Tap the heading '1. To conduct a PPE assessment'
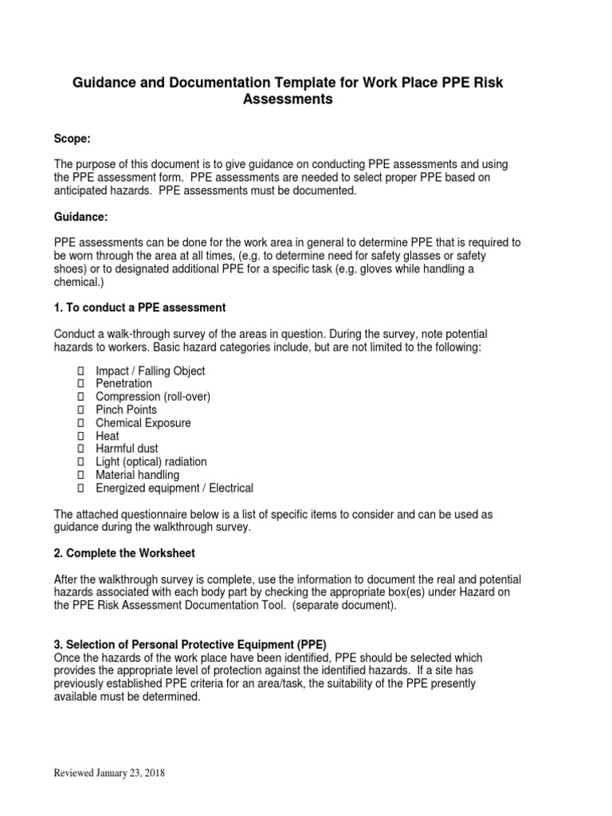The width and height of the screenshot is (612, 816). click(139, 308)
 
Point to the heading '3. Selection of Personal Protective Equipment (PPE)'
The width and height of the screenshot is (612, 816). click(190, 644)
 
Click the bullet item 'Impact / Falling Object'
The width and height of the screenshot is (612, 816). click(150, 371)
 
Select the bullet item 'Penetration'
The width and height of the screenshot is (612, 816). click(124, 383)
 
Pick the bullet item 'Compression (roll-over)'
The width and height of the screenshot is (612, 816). click(153, 397)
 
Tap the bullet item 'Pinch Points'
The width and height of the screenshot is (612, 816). click(126, 410)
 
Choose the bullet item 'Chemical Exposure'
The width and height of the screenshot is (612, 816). click(143, 423)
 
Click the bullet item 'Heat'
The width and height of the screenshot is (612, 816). click(108, 436)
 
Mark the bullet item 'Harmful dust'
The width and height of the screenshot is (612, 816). click(127, 449)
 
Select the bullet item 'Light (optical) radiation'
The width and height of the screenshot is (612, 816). click(151, 462)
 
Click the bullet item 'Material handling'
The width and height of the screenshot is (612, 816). click(137, 475)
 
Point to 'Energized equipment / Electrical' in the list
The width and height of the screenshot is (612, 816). click(174, 488)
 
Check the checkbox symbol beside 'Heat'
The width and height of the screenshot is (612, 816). click(80, 436)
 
